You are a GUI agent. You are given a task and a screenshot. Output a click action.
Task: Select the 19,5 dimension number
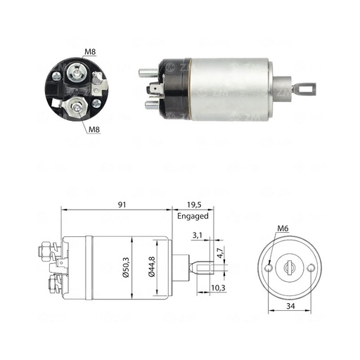tap(193, 205)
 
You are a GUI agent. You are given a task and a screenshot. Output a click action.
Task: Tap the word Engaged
tap(193, 216)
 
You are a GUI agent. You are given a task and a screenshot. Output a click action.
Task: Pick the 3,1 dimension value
tap(198, 236)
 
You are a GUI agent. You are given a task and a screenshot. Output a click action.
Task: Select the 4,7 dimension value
tap(219, 255)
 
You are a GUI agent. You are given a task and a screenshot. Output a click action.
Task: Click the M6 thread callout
tap(282, 228)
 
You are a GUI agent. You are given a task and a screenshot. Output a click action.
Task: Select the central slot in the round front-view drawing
tap(290, 268)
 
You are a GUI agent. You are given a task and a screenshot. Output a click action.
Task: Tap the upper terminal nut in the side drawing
tap(44, 249)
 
